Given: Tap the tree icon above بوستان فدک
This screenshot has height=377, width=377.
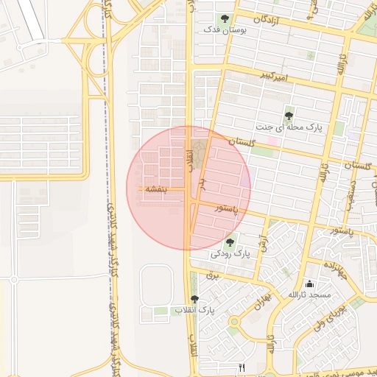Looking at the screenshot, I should pos(225,19).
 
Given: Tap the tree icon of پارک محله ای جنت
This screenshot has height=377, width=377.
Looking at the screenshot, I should pos(289,116).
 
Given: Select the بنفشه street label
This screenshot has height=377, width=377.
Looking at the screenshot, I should pos(157,189).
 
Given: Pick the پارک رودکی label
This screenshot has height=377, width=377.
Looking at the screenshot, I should pos(231,253).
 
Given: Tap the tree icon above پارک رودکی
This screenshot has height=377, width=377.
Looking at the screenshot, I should pos(230,242).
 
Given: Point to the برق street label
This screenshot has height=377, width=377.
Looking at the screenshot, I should pos(214,274).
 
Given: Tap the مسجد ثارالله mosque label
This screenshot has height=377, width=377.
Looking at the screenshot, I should pos(310,295).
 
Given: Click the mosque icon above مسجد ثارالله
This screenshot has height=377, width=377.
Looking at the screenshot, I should pos(309,283).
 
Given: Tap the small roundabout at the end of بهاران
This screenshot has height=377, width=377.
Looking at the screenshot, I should pos(235,321).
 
